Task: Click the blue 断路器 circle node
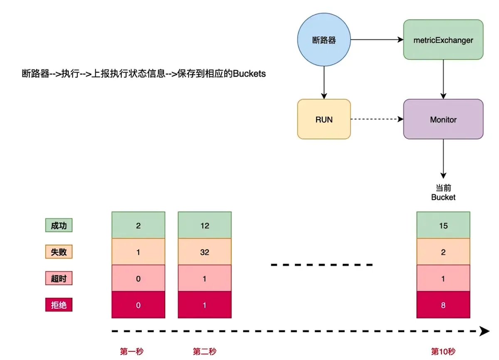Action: coord(324,40)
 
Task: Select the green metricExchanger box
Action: coord(443,40)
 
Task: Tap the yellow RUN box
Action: coord(324,119)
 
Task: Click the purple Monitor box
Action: coord(443,119)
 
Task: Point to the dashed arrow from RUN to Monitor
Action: coord(377,119)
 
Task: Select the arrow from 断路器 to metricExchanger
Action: coord(377,40)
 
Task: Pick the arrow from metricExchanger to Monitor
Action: coord(443,79)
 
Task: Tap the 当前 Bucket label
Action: coord(443,193)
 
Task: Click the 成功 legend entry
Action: coord(59,226)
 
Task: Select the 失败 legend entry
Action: coord(59,252)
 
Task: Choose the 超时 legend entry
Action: coord(59,279)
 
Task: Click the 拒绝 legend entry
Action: coord(59,305)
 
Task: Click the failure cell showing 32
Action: coord(205,252)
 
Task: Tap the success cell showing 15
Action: coord(443,226)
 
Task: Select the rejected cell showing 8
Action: coord(443,305)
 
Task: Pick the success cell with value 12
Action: coord(205,226)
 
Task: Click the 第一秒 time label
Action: coord(132,352)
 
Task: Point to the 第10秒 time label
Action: coord(443,352)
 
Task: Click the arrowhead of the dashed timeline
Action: coord(484,331)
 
